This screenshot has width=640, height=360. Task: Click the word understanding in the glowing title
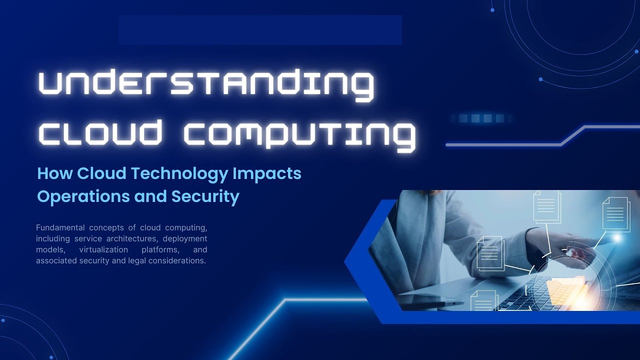206,83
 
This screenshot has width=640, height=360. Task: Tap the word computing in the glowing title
299,133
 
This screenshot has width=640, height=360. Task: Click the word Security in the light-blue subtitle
205,196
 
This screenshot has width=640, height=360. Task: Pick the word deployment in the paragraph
185,238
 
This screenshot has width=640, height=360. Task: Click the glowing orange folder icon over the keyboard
565,290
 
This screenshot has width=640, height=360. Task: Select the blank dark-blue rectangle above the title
260,30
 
